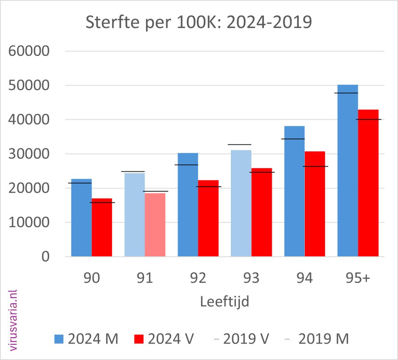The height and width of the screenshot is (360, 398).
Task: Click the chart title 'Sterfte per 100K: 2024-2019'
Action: tap(199, 23)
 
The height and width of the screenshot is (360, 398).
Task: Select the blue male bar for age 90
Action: tap(82, 217)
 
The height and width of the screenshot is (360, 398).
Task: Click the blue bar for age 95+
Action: tap(347, 170)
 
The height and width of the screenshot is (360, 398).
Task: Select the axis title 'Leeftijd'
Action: tap(224, 301)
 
